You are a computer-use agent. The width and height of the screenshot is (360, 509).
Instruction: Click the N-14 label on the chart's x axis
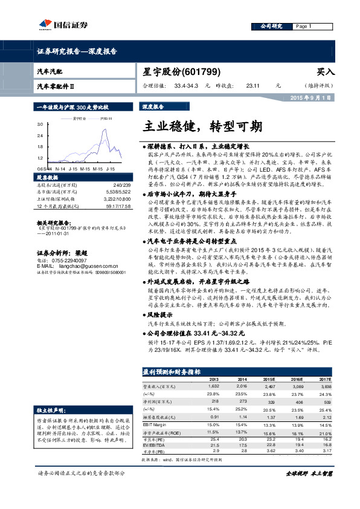(60, 169)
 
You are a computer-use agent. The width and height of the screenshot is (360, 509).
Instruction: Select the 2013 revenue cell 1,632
(213, 385)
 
